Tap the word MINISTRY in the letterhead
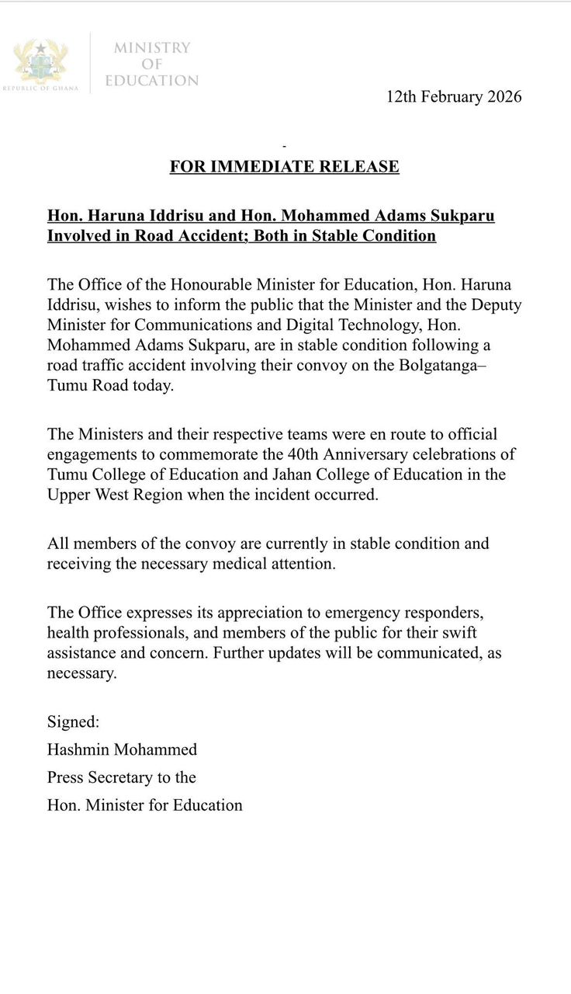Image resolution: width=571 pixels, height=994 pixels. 152,48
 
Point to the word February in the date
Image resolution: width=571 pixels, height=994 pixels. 450,97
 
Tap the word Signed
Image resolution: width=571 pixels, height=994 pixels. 74,721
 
